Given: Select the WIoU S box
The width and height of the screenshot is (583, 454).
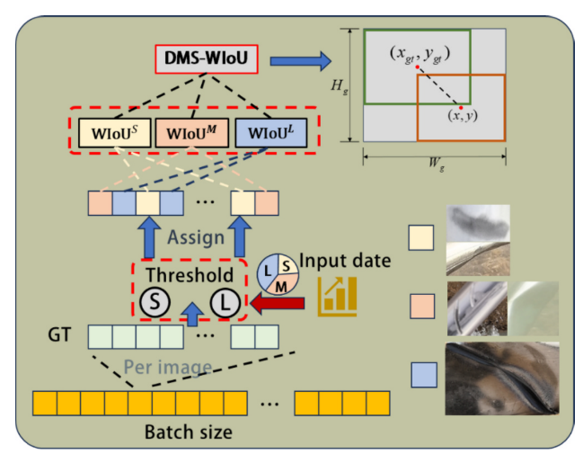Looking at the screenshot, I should (115, 134).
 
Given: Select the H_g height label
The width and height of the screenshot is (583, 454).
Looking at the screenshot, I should (338, 85).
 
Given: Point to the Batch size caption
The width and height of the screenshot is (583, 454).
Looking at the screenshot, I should (189, 432).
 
